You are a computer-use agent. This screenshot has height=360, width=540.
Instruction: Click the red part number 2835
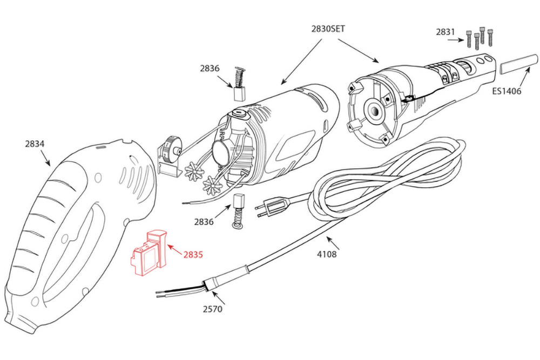pos(193,254)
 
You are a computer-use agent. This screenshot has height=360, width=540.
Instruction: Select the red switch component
pos(148,252)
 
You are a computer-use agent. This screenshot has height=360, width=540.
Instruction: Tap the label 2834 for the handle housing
pos(35,144)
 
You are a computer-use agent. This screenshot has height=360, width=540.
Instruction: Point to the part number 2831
pos(446,32)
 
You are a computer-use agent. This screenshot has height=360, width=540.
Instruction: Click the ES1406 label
pos(506,91)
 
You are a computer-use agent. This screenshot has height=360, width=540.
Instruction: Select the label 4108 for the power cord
pos(326,253)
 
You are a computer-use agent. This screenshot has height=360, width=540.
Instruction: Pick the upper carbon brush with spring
pos(239,84)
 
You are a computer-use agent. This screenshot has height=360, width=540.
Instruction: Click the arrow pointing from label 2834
pos(45,158)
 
